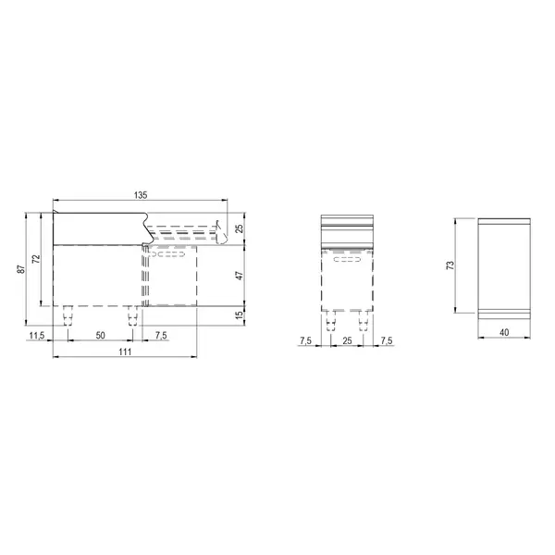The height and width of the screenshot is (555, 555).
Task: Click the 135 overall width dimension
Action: pyautogui.click(x=141, y=195)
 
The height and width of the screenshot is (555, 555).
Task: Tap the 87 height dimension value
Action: pyautogui.click(x=20, y=268)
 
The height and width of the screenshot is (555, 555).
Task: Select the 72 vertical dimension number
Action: pyautogui.click(x=36, y=259)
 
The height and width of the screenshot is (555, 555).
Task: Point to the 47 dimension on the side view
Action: pyautogui.click(x=239, y=276)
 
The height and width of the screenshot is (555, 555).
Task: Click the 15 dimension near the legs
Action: pyautogui.click(x=239, y=315)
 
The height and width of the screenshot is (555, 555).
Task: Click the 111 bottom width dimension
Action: pyautogui.click(x=126, y=352)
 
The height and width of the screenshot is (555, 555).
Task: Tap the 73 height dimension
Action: pyautogui.click(x=450, y=265)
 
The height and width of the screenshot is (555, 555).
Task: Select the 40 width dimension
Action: pyautogui.click(x=504, y=332)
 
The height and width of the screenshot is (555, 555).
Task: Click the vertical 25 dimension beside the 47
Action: pyautogui.click(x=239, y=228)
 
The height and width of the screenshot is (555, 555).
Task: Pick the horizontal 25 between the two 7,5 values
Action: pyautogui.click(x=347, y=341)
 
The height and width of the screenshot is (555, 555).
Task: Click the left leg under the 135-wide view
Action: pyautogui.click(x=66, y=316)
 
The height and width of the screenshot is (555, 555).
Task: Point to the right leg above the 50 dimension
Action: pyautogui.click(x=130, y=316)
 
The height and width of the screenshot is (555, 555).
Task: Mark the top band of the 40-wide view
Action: pyautogui.click(x=504, y=222)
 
